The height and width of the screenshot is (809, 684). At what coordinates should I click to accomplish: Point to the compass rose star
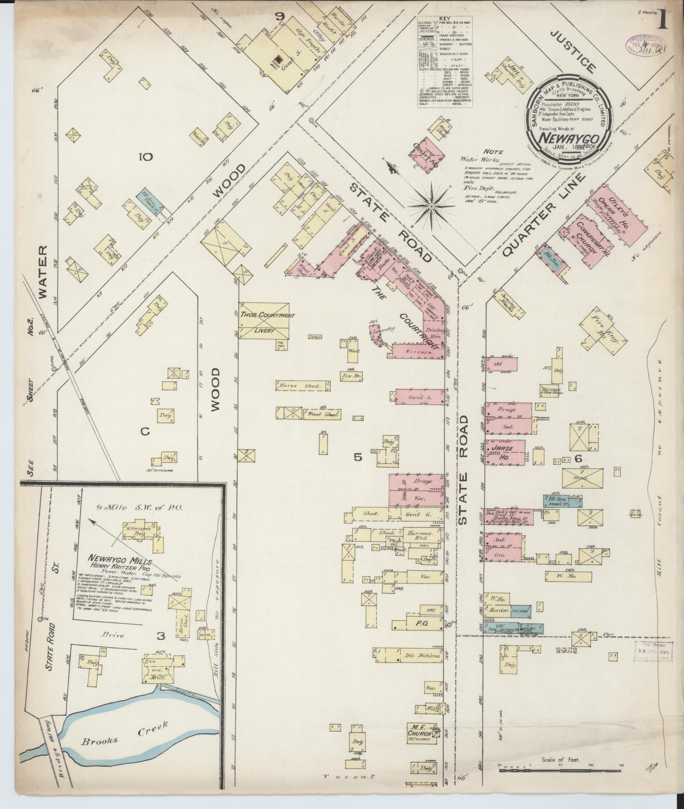click(x=431, y=206)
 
